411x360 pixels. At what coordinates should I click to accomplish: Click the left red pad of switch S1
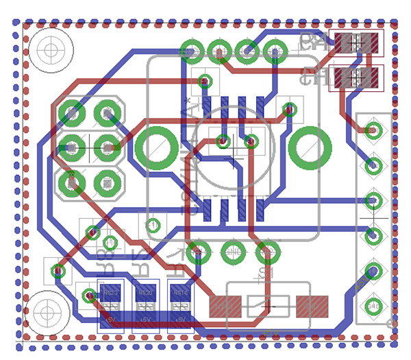point(225,304)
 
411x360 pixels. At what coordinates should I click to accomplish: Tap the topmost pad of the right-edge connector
point(373,129)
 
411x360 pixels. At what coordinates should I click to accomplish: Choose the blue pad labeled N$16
point(181,293)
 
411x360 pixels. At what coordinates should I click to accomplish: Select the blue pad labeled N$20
point(145,293)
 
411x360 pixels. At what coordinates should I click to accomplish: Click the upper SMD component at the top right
point(356,43)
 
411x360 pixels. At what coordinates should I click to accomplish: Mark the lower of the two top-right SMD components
point(356,77)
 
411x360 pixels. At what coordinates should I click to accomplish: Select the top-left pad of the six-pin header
point(71,111)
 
